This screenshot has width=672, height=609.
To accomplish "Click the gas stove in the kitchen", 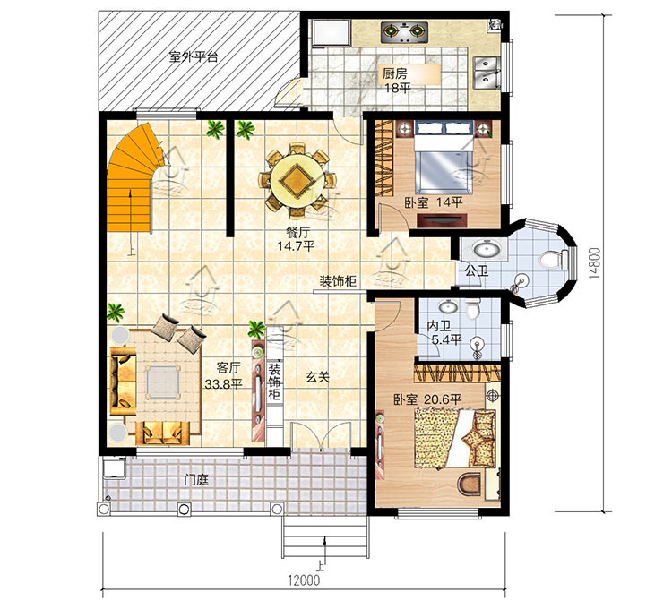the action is (404, 32).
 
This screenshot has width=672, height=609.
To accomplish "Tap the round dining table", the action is (297, 180).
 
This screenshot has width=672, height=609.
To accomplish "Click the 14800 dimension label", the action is (595, 263).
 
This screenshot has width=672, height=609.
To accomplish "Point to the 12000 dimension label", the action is (304, 579).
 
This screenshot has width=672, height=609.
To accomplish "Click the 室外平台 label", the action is (194, 56).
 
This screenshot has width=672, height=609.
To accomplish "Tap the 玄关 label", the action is (317, 377).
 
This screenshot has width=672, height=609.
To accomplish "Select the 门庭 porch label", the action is (196, 480).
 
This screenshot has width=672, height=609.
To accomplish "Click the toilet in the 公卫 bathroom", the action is (551, 260).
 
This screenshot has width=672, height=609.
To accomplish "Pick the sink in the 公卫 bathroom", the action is (485, 248).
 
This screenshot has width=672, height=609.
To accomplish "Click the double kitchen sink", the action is (487, 73).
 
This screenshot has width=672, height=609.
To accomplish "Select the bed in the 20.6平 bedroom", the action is (454, 438).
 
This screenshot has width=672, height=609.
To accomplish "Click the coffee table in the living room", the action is (162, 382).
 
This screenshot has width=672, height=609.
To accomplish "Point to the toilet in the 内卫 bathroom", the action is (473, 309).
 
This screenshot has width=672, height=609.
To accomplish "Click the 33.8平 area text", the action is (223, 384).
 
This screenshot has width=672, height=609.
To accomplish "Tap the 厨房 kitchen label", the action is (395, 74).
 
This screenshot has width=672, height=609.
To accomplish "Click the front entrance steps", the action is (325, 536).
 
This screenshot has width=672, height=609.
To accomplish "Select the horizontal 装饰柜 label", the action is (338, 281).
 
